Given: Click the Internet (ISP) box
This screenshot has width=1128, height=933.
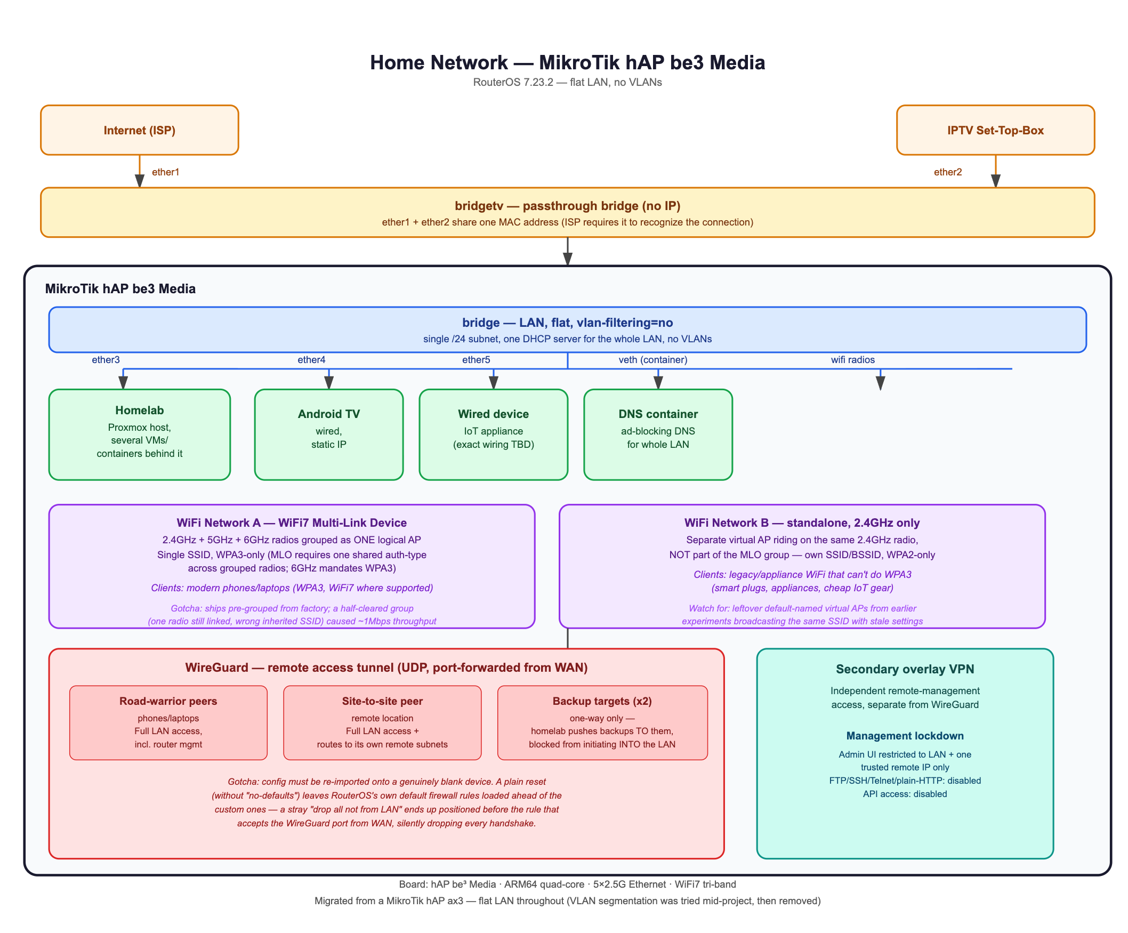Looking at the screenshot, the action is pos(140,130).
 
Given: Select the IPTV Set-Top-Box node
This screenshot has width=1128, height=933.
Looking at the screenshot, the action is pos(995,130).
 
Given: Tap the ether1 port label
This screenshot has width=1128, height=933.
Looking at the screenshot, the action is pos(165,172).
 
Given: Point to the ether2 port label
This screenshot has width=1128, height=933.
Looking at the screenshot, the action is pos(947,172).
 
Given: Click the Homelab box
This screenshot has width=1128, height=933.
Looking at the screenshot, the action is pos(140,435).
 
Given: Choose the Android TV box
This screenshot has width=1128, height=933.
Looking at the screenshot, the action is pos(329,435).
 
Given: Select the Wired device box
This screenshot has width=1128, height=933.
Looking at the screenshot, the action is pos(494,435).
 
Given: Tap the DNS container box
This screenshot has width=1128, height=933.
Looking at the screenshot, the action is pos(658,435).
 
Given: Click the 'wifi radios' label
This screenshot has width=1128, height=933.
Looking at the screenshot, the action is pos(853,360).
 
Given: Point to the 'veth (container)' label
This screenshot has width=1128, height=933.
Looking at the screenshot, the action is pos(652,360).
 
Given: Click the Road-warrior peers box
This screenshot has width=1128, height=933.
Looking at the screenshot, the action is pos(168,722).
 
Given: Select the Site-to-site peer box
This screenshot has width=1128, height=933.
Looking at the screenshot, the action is pos(382,722).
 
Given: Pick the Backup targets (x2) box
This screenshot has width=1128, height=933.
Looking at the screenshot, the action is pos(602,722).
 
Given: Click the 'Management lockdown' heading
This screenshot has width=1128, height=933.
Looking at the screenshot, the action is pos(905,736).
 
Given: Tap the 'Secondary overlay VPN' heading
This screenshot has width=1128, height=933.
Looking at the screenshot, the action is pos(905,669).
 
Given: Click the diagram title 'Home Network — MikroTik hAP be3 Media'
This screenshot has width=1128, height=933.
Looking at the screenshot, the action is pos(567,62).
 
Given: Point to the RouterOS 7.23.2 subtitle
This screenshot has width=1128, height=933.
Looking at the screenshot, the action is pos(567,82).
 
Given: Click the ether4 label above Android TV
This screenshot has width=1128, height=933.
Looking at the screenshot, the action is pos(311,360).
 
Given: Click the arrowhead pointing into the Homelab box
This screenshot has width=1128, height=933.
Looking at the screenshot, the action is pos(123,382).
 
